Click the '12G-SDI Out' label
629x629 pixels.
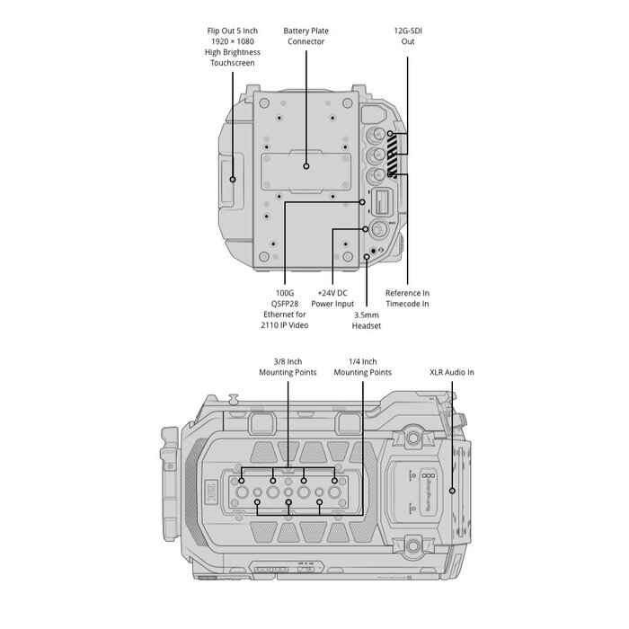(x=408, y=36)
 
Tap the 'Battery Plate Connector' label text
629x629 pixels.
(x=306, y=36)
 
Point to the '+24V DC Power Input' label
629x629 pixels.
(x=332, y=298)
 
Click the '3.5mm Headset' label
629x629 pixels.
(x=367, y=320)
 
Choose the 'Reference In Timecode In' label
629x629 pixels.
(x=407, y=298)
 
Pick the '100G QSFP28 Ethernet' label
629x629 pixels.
(x=285, y=309)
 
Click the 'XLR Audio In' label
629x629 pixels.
(x=452, y=372)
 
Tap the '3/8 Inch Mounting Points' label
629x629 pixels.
(x=288, y=367)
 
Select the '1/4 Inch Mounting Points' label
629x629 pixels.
(x=363, y=367)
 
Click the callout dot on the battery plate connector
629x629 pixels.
(x=306, y=166)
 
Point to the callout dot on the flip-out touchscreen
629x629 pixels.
(x=233, y=180)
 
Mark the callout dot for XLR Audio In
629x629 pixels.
(x=452, y=491)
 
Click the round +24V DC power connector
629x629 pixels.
(x=377, y=229)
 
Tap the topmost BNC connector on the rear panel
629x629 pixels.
(x=376, y=134)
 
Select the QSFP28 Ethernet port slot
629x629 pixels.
(x=381, y=202)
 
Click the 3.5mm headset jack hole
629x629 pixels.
(x=373, y=251)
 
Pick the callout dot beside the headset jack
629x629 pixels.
(x=367, y=256)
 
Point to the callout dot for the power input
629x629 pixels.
(x=366, y=229)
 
